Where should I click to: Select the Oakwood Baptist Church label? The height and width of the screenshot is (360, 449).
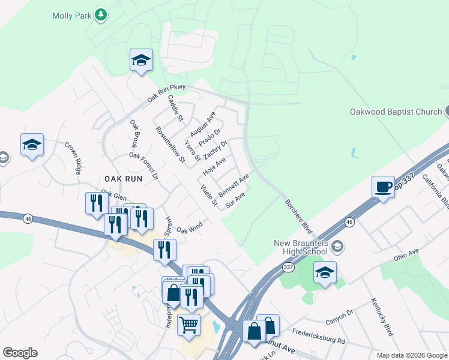(396, 112)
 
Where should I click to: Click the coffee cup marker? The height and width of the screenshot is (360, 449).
(383, 187)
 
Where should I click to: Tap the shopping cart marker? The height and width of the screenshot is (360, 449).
(190, 325)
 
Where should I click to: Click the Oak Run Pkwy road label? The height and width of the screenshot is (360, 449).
(167, 93)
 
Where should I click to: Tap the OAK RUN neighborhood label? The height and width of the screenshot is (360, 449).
(123, 179)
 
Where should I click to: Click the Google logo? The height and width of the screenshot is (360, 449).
(20, 353)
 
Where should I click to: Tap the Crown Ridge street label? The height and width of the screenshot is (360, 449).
(73, 158)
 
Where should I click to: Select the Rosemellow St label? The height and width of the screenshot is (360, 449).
(170, 145)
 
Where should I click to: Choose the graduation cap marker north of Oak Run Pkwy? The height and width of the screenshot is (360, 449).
(141, 60)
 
